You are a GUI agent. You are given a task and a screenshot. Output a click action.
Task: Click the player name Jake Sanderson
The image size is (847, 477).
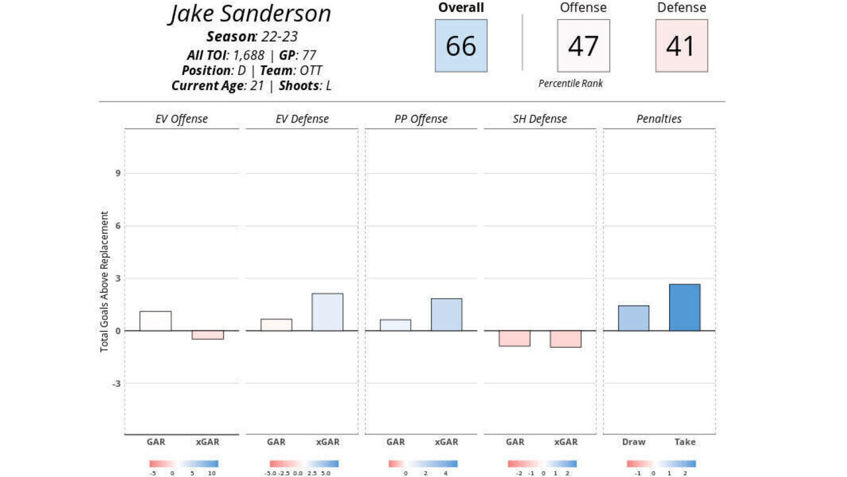pos(249,14)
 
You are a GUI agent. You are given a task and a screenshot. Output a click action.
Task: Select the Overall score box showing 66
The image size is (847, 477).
pos(461,46)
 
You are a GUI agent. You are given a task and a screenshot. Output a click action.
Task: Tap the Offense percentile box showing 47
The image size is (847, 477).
pos(583,46)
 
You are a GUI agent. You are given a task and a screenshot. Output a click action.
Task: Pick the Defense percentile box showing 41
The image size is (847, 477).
pos(681,46)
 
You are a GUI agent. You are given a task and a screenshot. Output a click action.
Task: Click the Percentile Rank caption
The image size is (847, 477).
pos(570,83)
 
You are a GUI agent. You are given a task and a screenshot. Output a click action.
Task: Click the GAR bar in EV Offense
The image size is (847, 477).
pos(156,321)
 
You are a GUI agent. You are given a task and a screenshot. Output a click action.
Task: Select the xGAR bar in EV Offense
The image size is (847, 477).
pos(208,335)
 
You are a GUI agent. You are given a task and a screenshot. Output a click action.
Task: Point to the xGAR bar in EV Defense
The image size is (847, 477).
pos(327,312)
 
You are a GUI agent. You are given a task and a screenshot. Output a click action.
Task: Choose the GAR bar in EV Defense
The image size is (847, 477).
pos(276,325)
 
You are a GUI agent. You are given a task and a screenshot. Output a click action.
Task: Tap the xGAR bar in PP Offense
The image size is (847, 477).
pos(446,315)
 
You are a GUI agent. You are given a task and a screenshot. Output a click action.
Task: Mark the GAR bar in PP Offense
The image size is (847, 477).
pos(395,325)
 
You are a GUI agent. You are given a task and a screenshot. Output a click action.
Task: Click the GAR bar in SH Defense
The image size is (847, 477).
pos(514,338)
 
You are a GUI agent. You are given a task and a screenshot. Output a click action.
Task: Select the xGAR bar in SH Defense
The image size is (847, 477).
pos(565,339)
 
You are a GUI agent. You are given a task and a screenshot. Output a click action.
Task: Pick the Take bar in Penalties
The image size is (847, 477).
pos(684,307)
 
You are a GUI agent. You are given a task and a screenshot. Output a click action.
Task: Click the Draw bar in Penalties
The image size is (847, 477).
pos(633,318)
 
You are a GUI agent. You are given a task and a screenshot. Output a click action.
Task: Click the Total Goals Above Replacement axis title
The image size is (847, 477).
pos(105,282)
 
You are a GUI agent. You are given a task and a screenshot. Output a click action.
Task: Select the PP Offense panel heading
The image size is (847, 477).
pos(420,119)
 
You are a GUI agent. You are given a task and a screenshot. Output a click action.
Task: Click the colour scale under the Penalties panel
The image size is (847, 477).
pos(661,464)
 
